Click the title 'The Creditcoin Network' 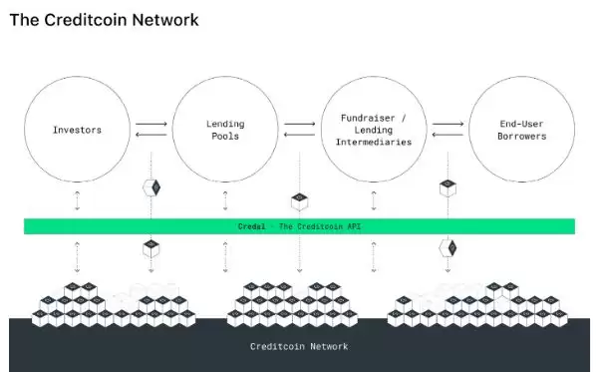[x=104, y=19]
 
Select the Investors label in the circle [x=77, y=130]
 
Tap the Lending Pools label [x=225, y=130]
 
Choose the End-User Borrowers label [x=522, y=130]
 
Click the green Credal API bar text [x=299, y=226]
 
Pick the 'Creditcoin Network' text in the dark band [x=299, y=346]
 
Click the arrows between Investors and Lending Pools [x=150, y=130]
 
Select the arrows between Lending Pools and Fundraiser [x=300, y=130]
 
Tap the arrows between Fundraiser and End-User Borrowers [x=449, y=130]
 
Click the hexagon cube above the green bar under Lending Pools [x=151, y=187]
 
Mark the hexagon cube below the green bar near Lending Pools [x=151, y=247]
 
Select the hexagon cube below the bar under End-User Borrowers [x=449, y=247]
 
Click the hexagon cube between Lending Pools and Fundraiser [x=299, y=200]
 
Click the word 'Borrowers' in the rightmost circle [x=522, y=137]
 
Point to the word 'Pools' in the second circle [x=225, y=137]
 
